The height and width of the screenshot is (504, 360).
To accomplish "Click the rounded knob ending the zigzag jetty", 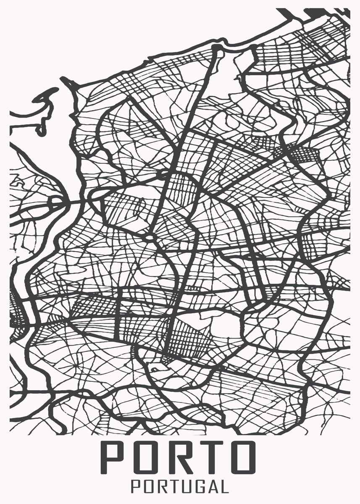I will coord(40,132).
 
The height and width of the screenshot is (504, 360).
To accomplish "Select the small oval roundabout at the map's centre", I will coord(150,238).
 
